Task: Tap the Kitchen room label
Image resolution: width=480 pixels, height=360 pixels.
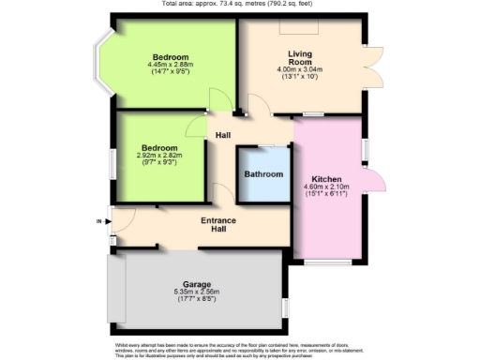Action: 327,179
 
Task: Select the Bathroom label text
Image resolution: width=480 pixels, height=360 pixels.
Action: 263,174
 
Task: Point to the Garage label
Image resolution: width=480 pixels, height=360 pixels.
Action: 197,284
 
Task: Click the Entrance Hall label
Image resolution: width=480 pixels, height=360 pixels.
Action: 217,225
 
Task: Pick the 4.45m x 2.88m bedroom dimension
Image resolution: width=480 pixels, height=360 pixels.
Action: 170,65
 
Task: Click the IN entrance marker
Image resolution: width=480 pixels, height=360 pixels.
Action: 98,221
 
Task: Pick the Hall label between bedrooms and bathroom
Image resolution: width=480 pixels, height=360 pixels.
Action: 223,136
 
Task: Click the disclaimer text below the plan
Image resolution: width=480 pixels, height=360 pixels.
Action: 240,350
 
